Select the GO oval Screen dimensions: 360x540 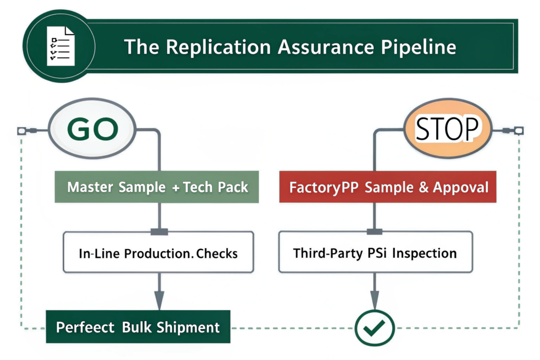[92, 129]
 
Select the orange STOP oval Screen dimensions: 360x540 [448, 128]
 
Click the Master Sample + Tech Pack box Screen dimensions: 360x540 [157, 187]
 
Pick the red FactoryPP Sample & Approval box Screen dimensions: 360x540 [388, 187]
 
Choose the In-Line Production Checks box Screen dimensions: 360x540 [158, 252]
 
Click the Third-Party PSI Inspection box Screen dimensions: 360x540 [375, 252]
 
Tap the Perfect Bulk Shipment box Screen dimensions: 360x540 [138, 327]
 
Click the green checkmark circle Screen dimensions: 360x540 [374, 328]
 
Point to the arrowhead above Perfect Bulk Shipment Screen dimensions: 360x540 [159, 299]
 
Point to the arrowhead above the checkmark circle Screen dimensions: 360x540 [374, 299]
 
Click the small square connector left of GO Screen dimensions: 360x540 [22, 130]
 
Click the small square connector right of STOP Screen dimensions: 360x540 [518, 129]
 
